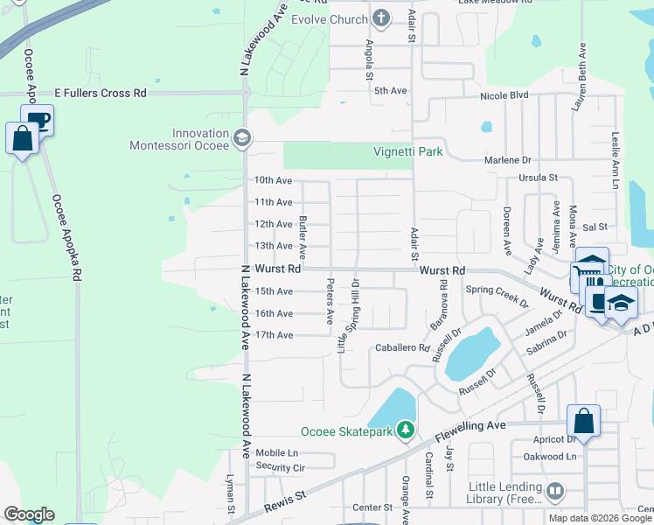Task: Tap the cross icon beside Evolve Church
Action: pyautogui.click(x=381, y=18)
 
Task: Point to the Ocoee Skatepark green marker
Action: pyautogui.click(x=405, y=430)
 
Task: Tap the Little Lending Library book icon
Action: pyautogui.click(x=553, y=492)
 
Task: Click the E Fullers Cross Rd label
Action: pyautogui.click(x=100, y=93)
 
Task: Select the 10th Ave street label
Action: pyautogui.click(x=273, y=180)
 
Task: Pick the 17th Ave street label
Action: pyautogui.click(x=273, y=335)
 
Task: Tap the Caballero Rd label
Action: pyautogui.click(x=401, y=347)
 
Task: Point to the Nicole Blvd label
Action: pyautogui.click(x=504, y=94)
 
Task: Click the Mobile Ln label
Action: pyautogui.click(x=276, y=453)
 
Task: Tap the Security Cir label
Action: pyautogui.click(x=280, y=468)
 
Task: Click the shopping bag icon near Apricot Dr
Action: pyautogui.click(x=584, y=421)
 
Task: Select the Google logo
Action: pyautogui.click(x=29, y=514)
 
